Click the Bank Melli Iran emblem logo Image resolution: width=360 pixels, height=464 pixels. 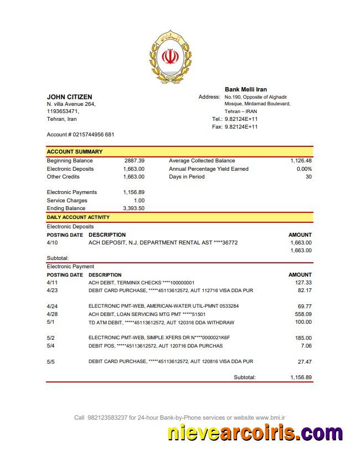(170, 57)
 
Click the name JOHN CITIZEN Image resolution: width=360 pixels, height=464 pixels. (69, 97)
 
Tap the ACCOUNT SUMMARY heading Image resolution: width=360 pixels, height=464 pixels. (74, 151)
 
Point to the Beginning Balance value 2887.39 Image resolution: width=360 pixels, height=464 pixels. (135, 161)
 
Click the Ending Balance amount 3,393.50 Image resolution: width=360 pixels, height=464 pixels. (133, 208)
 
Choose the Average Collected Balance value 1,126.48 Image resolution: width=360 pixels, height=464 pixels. (301, 161)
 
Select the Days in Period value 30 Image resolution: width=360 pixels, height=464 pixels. (308, 177)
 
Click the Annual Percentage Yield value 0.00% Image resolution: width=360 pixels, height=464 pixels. (304, 169)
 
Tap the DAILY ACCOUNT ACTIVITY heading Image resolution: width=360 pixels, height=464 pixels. (78, 217)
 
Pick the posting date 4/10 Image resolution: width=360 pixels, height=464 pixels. (52, 243)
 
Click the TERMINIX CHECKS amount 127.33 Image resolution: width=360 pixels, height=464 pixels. (304, 283)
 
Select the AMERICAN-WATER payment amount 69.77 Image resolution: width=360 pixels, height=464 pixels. (305, 306)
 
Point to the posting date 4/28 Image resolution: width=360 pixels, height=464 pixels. (52, 314)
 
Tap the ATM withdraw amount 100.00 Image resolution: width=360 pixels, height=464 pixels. (303, 322)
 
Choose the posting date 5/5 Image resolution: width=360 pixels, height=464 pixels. (51, 361)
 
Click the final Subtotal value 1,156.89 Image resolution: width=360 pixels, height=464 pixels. (301, 378)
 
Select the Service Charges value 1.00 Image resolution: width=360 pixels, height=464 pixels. (139, 201)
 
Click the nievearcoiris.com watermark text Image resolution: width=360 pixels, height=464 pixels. (255, 432)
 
